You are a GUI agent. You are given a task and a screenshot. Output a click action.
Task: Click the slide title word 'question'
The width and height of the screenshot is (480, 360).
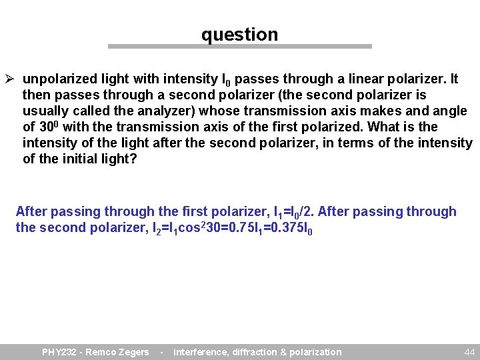tap(239, 35)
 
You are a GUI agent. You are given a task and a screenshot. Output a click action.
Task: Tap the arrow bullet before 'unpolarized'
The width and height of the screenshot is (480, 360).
tap(10, 79)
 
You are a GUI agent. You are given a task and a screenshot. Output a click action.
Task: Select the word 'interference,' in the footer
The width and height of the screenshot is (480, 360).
tap(201, 352)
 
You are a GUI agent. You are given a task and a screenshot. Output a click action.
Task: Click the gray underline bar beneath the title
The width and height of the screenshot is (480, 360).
tap(239, 47)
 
